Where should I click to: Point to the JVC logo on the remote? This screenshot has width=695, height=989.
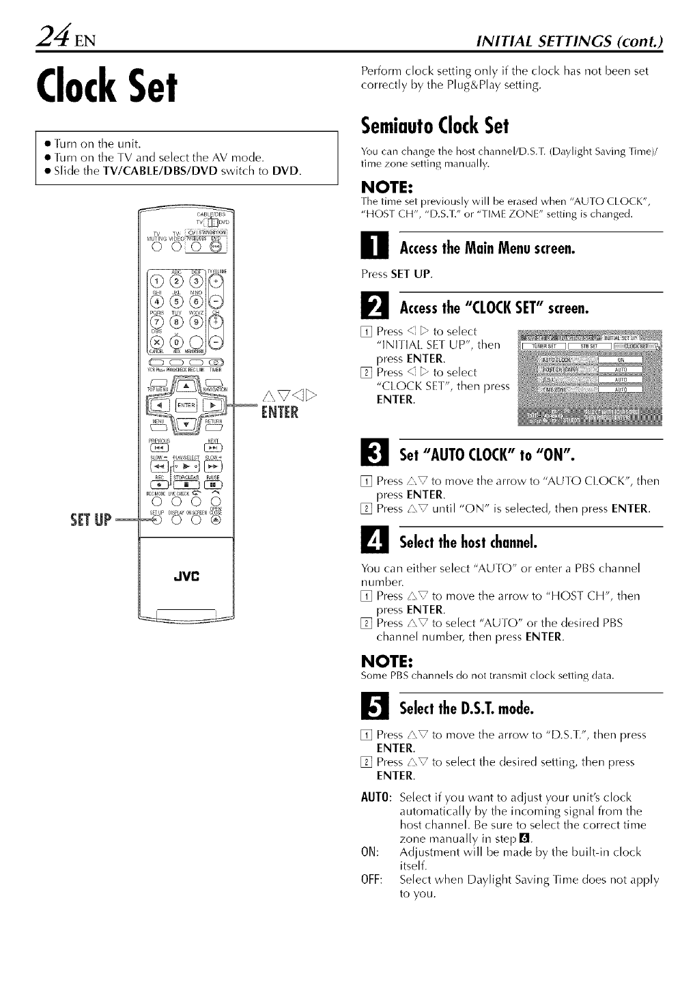(x=186, y=574)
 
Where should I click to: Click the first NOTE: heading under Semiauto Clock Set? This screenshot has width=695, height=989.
(x=385, y=188)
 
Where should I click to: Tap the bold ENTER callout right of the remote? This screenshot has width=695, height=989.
(x=280, y=413)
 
